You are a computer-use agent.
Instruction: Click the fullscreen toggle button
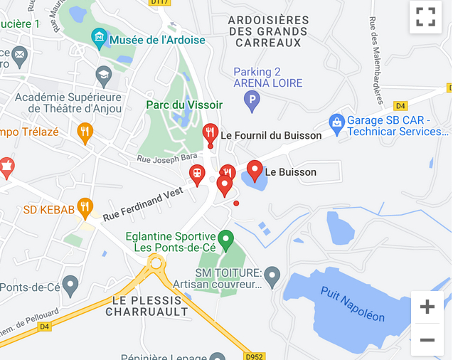pyautogui.click(x=425, y=17)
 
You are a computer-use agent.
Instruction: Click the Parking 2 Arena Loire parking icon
pyautogui.click(x=252, y=102)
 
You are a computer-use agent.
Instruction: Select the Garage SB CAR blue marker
pyautogui.click(x=336, y=122)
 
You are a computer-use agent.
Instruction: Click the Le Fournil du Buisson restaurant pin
pyautogui.click(x=210, y=133)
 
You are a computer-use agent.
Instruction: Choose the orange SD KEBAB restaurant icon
pyautogui.click(x=85, y=207)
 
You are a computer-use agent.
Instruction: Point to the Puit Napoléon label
pyautogui.click(x=352, y=304)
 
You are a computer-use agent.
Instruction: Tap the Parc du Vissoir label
pyautogui.click(x=184, y=105)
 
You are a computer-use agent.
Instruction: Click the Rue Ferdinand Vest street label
pyautogui.click(x=143, y=203)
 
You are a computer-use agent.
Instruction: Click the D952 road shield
pyautogui.click(x=253, y=355)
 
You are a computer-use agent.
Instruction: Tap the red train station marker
pyautogui.click(x=197, y=173)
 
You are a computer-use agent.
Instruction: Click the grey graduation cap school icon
pyautogui.click(x=104, y=74)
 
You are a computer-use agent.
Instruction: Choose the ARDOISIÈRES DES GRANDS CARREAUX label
pyautogui.click(x=268, y=31)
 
